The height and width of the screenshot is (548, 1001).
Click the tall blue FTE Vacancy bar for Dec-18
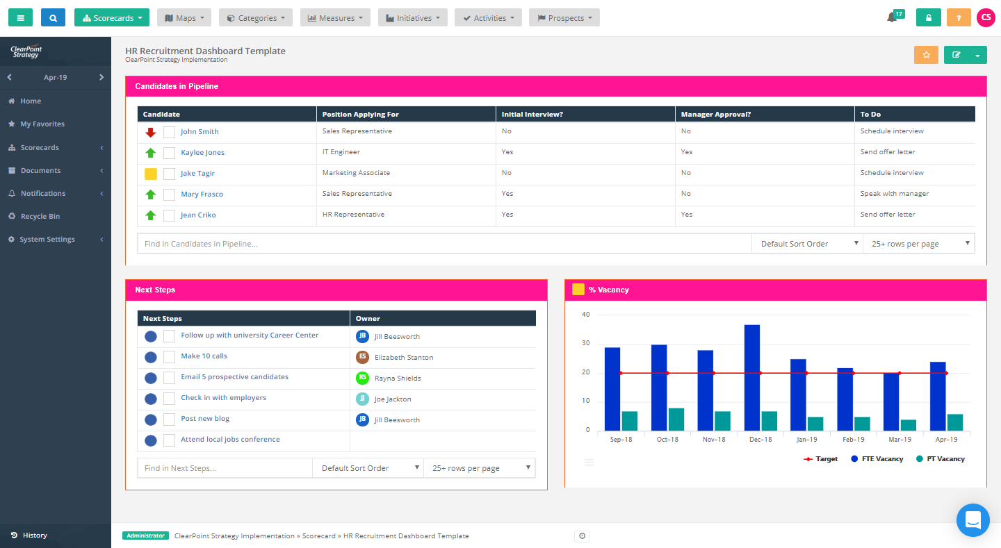(752, 378)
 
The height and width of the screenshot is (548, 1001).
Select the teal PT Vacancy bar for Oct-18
(676, 420)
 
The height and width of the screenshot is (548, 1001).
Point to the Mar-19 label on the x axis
(900, 440)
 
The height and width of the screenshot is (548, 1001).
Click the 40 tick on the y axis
(585, 315)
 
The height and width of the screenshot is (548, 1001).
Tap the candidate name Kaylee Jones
(202, 153)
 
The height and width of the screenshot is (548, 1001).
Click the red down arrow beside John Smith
(151, 132)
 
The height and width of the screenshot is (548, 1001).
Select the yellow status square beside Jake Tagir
(151, 174)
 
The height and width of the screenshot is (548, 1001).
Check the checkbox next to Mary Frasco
(169, 194)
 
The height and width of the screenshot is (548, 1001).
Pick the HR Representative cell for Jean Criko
(353, 215)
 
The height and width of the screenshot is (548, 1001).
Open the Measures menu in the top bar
(335, 18)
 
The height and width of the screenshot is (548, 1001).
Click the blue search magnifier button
(53, 17)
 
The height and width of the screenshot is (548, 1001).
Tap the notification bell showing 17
(892, 17)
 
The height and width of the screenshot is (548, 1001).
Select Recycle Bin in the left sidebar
(40, 217)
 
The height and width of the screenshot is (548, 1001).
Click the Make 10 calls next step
(204, 356)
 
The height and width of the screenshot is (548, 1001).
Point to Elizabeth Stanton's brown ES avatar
(362, 357)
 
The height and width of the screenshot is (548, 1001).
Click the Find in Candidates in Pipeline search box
(444, 244)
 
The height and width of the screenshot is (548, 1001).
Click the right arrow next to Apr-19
(101, 77)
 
